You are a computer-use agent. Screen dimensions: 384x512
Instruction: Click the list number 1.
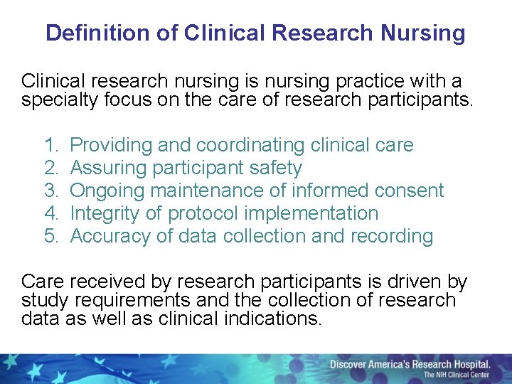pyautogui.click(x=50, y=146)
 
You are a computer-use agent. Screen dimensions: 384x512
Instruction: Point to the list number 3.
pyautogui.click(x=50, y=191)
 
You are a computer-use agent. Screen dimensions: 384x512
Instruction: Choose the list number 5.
pyautogui.click(x=50, y=236)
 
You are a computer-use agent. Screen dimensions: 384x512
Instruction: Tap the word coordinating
pyautogui.click(x=251, y=146)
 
